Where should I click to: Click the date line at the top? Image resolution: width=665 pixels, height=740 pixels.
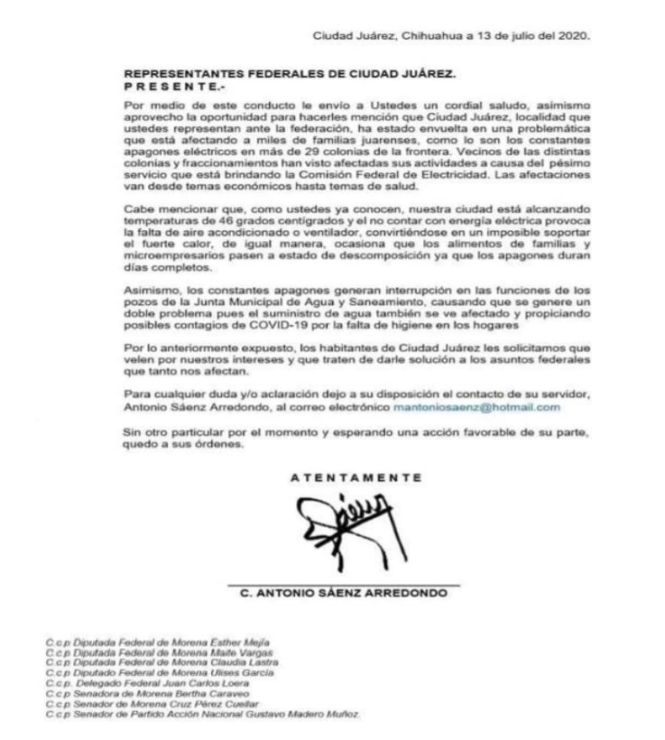click(450, 36)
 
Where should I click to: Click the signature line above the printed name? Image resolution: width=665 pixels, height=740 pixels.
click(344, 583)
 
